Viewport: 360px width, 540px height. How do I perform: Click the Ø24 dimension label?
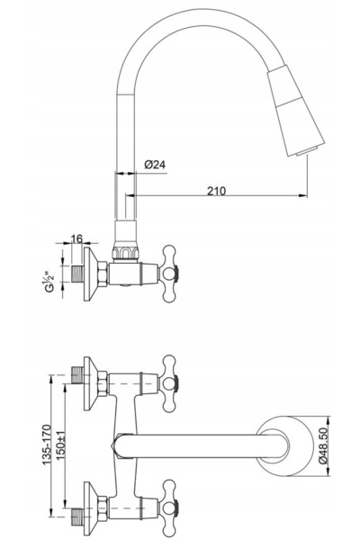[155, 165]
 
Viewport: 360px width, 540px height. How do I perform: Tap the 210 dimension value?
[216, 191]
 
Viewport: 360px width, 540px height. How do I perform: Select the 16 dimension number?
[76, 238]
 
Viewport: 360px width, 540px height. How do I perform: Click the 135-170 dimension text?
[47, 445]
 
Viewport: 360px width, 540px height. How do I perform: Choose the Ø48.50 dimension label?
[322, 446]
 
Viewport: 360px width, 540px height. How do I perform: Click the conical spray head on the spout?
[296, 109]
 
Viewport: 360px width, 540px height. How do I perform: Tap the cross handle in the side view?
[169, 274]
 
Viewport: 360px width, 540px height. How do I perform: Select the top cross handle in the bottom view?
[169, 383]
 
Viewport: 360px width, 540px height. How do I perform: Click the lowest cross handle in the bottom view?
[169, 508]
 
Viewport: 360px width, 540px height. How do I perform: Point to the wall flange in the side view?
[91, 274]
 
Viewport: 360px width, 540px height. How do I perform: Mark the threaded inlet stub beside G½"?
[78, 274]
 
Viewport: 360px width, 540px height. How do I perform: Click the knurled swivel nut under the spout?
[125, 252]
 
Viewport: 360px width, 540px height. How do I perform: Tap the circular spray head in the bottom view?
[285, 446]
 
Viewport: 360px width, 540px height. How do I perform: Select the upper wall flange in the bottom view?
[91, 383]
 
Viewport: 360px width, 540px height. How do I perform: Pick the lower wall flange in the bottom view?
[91, 508]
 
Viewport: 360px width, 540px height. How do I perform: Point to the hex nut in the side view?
[103, 274]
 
